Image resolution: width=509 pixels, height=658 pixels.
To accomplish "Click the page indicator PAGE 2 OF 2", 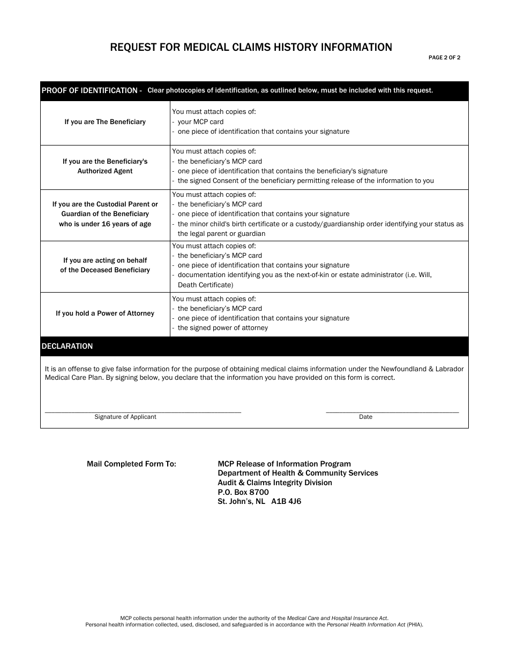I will (x=444, y=58).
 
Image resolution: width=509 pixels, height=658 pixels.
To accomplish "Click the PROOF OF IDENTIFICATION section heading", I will (x=91, y=90).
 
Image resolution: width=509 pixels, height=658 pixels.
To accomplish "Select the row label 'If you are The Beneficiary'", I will (x=105, y=122).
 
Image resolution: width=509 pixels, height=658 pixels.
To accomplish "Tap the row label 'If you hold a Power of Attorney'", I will (x=105, y=313).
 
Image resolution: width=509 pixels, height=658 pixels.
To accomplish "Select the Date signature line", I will (x=392, y=411).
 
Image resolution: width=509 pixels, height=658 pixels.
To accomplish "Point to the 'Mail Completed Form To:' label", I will (x=131, y=464).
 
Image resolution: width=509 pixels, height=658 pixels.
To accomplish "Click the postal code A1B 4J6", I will (x=286, y=502).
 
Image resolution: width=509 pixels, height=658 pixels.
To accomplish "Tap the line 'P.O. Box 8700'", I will (x=243, y=492).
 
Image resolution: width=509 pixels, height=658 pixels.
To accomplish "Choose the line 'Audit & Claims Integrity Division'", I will (x=274, y=483).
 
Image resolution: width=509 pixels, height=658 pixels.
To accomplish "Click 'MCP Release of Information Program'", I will (x=284, y=464).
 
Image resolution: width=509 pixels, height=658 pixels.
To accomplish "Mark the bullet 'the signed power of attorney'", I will (x=222, y=328).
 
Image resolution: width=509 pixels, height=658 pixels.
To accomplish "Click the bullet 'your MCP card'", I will (x=200, y=122).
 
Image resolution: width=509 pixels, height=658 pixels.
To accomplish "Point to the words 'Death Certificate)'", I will (x=205, y=285).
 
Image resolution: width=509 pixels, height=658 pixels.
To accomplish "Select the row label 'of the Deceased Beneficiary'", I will (x=105, y=270).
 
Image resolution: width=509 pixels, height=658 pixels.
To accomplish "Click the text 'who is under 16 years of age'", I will (x=105, y=224).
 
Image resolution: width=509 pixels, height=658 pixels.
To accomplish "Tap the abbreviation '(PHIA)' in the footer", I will (x=414, y=624).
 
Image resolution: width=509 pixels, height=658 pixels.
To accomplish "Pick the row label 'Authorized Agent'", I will (x=105, y=171).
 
